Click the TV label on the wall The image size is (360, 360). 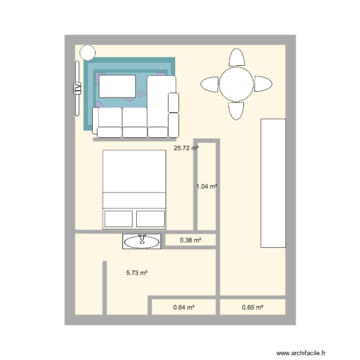[76, 88]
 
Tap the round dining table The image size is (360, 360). [236, 84]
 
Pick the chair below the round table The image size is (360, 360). [236, 110]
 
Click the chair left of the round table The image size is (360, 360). [209, 84]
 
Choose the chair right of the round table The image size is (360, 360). [263, 84]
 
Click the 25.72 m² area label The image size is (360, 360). [186, 149]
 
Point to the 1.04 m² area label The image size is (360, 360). [207, 186]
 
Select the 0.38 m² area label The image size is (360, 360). [190, 240]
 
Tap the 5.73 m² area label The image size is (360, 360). [137, 273]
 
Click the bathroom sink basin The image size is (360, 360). [142, 242]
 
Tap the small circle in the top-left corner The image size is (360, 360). [87, 52]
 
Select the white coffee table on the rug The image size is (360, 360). [118, 87]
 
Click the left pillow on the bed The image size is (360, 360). [119, 218]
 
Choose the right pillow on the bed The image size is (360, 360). [150, 218]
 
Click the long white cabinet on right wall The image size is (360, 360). [273, 183]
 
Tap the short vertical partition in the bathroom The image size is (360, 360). [104, 288]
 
